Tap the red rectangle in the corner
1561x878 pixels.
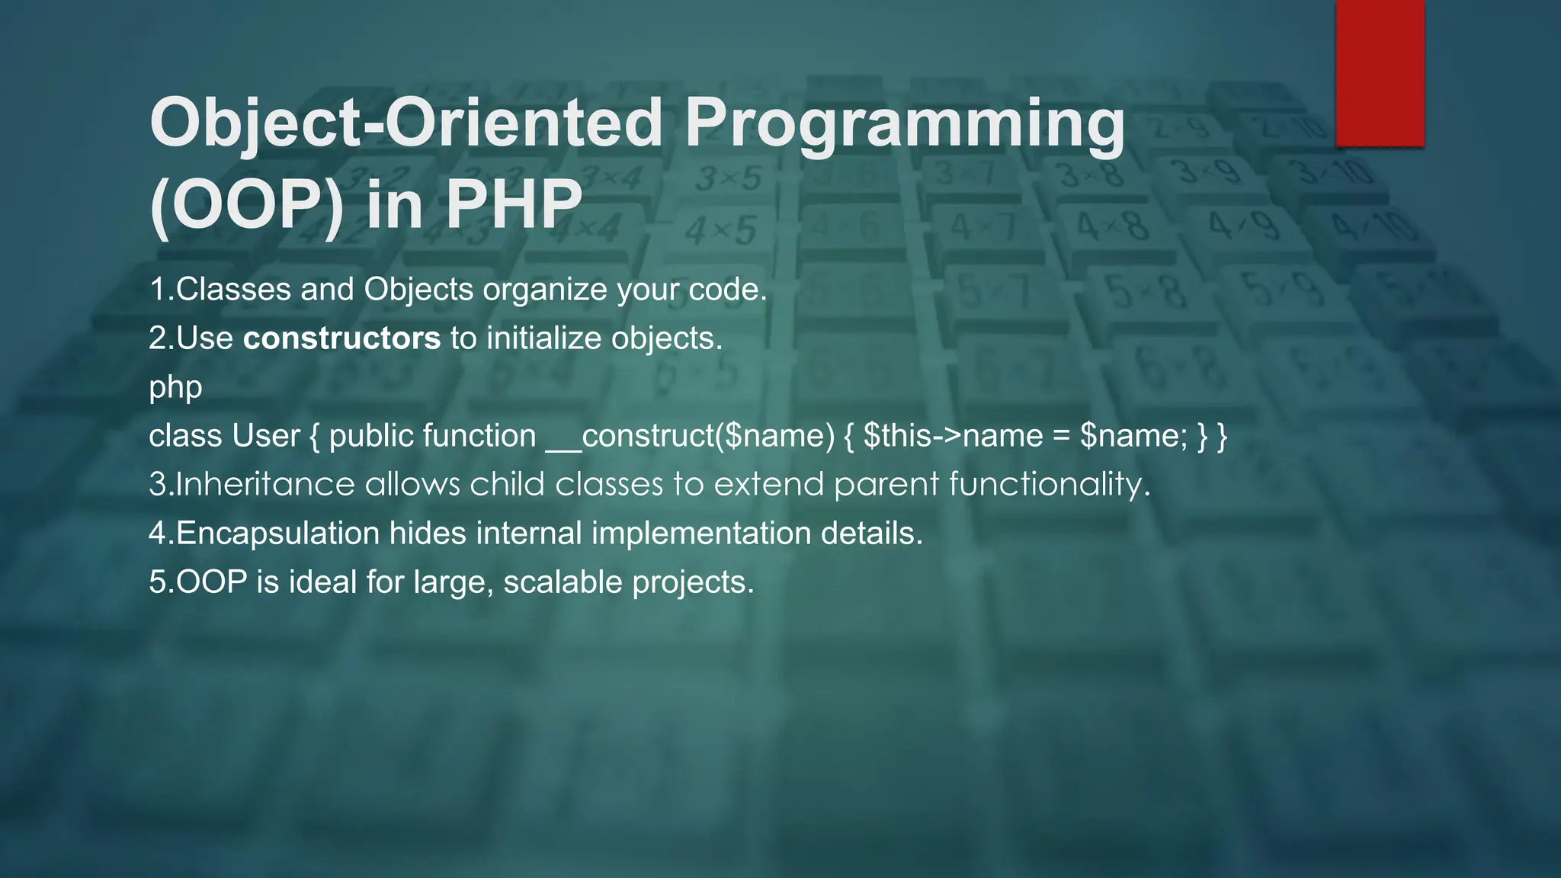(x=1380, y=73)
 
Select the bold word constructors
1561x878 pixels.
(x=341, y=338)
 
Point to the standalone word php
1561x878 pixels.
(x=175, y=387)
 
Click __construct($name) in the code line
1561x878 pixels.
(x=691, y=436)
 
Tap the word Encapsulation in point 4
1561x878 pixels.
(x=277, y=534)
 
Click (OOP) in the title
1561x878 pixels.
(x=247, y=204)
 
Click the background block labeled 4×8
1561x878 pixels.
(x=1112, y=226)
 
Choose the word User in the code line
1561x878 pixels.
(x=266, y=436)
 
